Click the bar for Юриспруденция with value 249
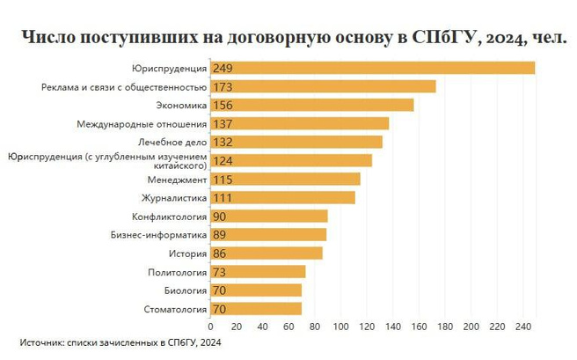(373, 68)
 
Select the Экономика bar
(312, 105)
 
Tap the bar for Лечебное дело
(296, 142)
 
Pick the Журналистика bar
(283, 197)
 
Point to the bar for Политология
(258, 271)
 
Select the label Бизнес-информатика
(158, 235)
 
